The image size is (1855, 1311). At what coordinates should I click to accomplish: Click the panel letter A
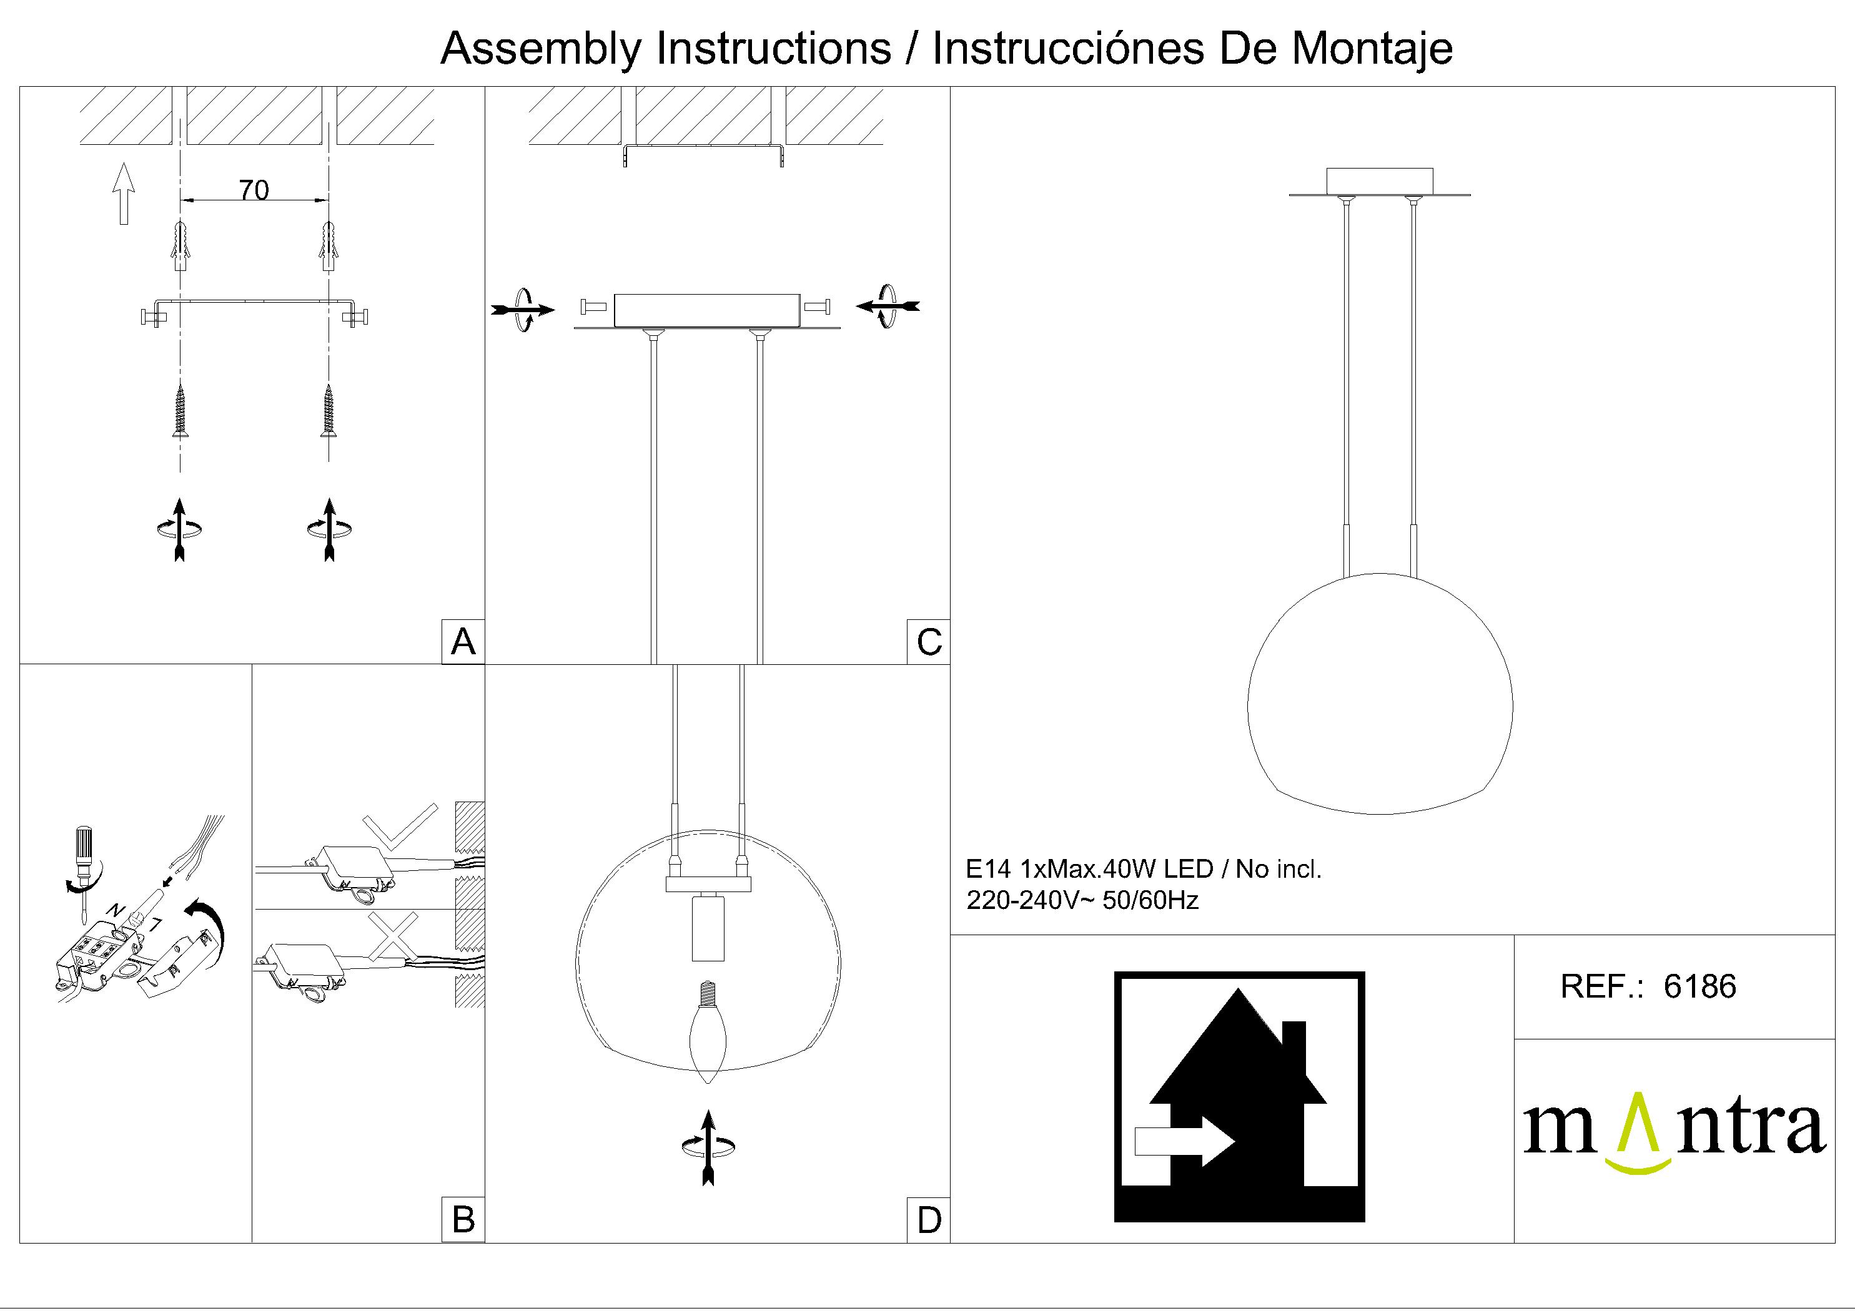click(x=463, y=642)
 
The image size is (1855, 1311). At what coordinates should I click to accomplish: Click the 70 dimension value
click(x=254, y=190)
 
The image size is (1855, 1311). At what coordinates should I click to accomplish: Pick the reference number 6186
click(x=1700, y=986)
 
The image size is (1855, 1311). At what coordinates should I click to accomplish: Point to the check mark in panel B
click(x=401, y=827)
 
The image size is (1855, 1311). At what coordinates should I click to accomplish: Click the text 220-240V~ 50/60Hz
click(x=1082, y=900)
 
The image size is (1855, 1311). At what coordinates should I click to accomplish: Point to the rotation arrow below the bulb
click(x=708, y=1146)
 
